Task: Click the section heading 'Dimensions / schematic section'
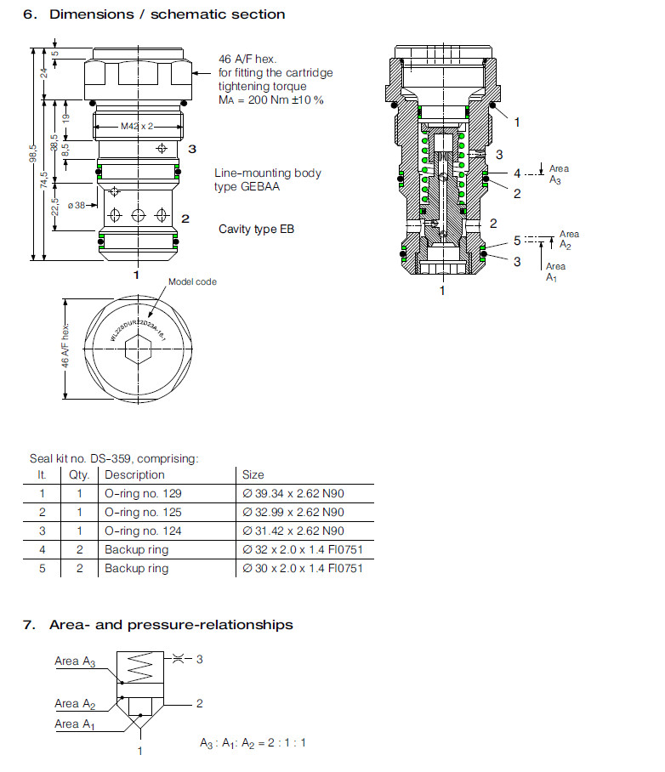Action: pyautogui.click(x=167, y=14)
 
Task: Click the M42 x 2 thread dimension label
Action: pyautogui.click(x=136, y=127)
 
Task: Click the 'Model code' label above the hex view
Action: pyautogui.click(x=192, y=281)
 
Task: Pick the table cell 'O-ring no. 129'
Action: pyautogui.click(x=143, y=493)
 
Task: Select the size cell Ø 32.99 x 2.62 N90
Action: pyautogui.click(x=293, y=512)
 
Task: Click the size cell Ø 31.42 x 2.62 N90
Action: pyautogui.click(x=293, y=531)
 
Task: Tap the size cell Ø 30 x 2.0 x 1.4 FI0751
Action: pyautogui.click(x=303, y=568)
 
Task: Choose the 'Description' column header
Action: pyautogui.click(x=134, y=474)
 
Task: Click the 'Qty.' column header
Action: pyautogui.click(x=79, y=474)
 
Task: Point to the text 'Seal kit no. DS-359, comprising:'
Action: pyautogui.click(x=114, y=458)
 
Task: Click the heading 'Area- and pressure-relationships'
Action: pyautogui.click(x=171, y=625)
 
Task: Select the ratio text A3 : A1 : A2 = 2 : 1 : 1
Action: pyautogui.click(x=253, y=742)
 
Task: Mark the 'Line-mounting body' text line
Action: pyautogui.click(x=267, y=173)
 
